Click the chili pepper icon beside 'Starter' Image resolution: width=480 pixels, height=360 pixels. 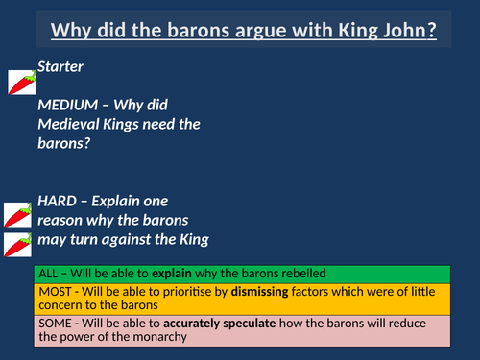click(x=22, y=83)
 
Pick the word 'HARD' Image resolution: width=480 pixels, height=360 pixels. click(x=59, y=201)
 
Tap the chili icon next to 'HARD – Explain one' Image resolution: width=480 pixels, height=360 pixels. click(x=19, y=215)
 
